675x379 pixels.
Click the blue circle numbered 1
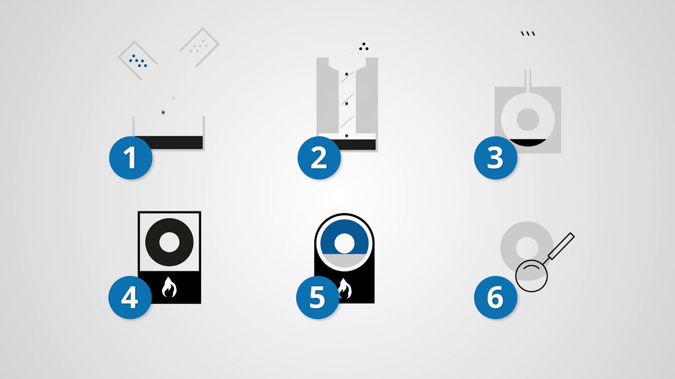(130, 157)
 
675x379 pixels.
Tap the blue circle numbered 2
(319, 157)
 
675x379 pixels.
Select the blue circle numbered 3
(495, 157)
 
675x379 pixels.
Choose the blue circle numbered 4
(130, 297)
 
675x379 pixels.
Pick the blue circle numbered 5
(317, 297)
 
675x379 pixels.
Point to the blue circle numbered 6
(495, 297)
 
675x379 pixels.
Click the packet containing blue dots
(138, 60)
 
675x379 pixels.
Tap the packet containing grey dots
(199, 47)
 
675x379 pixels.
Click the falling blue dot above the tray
(163, 113)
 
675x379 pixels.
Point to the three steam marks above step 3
(528, 34)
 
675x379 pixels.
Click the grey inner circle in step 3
(527, 119)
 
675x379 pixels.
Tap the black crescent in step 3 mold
(527, 142)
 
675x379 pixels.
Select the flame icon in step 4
(169, 288)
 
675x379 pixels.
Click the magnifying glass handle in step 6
(561, 246)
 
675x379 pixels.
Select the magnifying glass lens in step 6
(532, 276)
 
